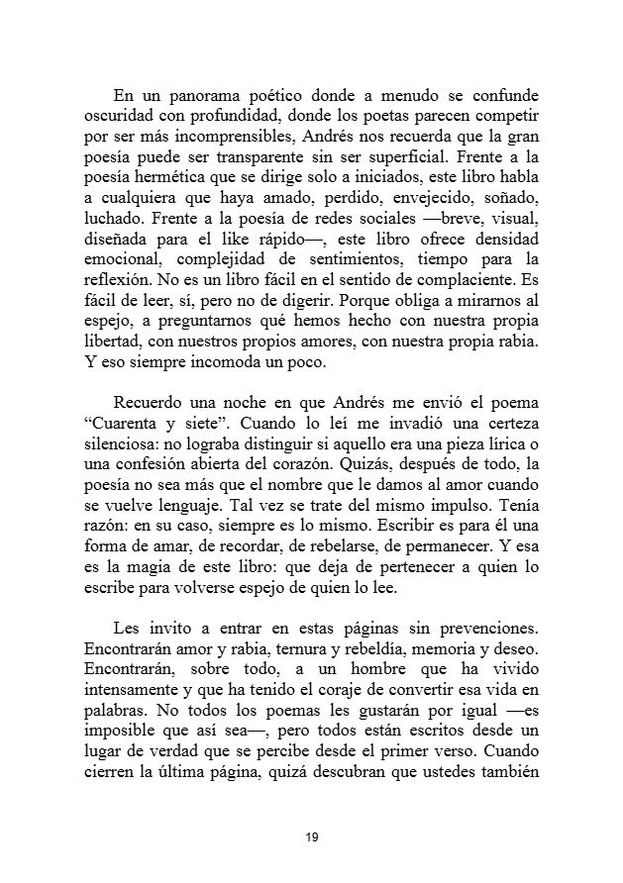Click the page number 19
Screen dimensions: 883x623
point(311,837)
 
